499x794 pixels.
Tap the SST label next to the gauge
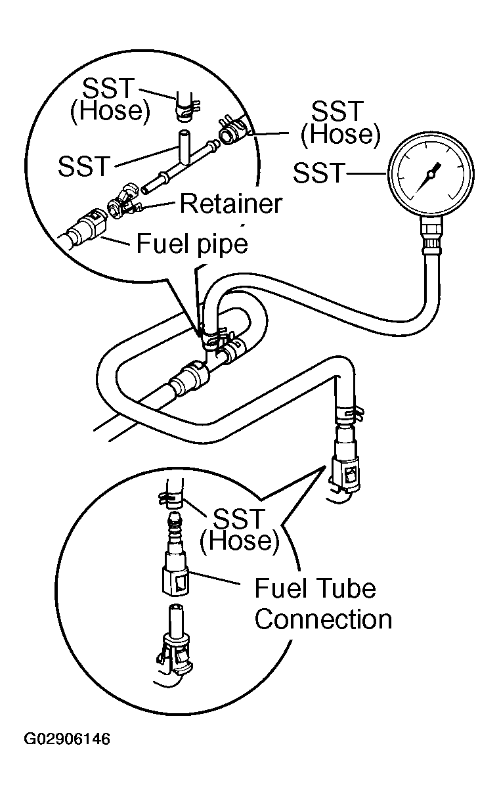pyautogui.click(x=319, y=173)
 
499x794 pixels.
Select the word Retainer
pyautogui.click(x=231, y=204)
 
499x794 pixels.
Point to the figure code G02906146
pyautogui.click(x=67, y=739)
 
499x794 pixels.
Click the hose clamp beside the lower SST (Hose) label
pyautogui.click(x=171, y=498)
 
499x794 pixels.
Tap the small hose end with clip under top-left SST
pyautogui.click(x=186, y=106)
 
